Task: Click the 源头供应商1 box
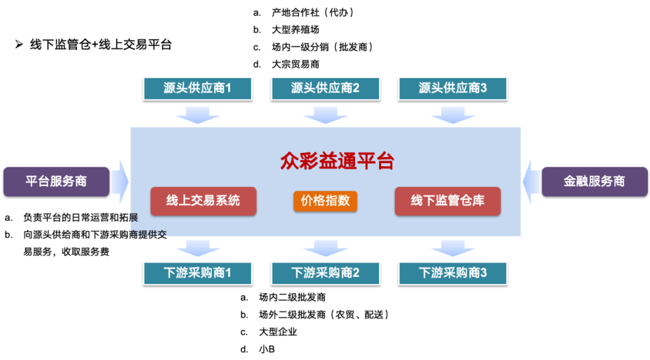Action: (x=197, y=88)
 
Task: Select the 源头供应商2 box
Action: (x=326, y=88)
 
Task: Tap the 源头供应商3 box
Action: (x=453, y=88)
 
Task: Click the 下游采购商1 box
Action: (x=197, y=273)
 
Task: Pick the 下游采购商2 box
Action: (x=326, y=273)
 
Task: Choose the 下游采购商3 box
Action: (x=453, y=273)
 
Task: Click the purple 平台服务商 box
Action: (x=56, y=181)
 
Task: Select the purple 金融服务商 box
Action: (x=594, y=181)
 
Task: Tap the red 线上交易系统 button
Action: (x=203, y=201)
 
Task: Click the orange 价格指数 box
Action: (x=326, y=201)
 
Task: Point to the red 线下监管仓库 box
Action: (x=448, y=201)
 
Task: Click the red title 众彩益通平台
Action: (x=337, y=161)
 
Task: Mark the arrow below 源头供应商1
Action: (x=197, y=114)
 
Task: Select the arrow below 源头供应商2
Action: (x=326, y=114)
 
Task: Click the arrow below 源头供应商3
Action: (x=453, y=114)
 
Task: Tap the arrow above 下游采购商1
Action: (x=197, y=247)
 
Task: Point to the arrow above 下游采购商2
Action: (x=326, y=247)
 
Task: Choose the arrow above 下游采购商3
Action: (x=453, y=247)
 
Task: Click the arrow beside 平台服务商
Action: (x=120, y=181)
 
